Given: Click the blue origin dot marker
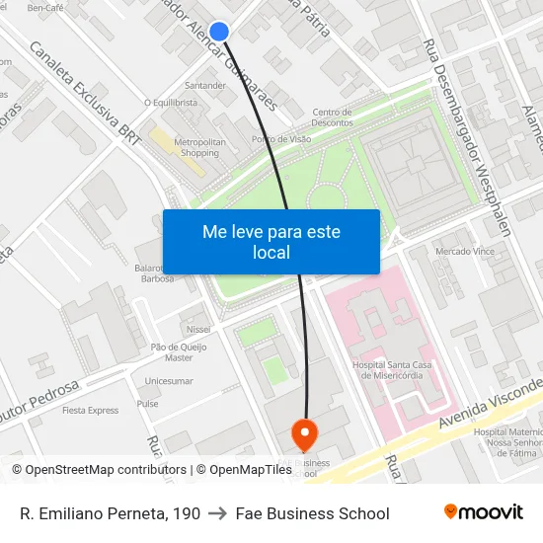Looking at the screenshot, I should click(219, 32).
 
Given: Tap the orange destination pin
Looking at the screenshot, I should click(304, 431).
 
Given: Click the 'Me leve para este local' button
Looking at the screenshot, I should click(271, 242).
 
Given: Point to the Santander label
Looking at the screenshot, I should click(205, 86).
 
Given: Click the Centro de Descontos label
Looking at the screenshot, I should click(332, 116).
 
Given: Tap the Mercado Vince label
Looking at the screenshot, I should click(465, 252).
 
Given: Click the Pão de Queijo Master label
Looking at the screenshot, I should click(179, 351).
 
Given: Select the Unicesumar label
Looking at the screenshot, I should click(169, 380).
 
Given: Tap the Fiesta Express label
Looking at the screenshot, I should click(90, 410).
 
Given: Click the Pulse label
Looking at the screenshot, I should click(148, 404).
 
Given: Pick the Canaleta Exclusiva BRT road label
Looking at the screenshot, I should click(86, 90).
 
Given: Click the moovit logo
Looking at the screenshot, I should click(483, 512).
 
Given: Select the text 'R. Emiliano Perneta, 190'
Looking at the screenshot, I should click(110, 513).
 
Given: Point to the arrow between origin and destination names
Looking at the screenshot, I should click(217, 513).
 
